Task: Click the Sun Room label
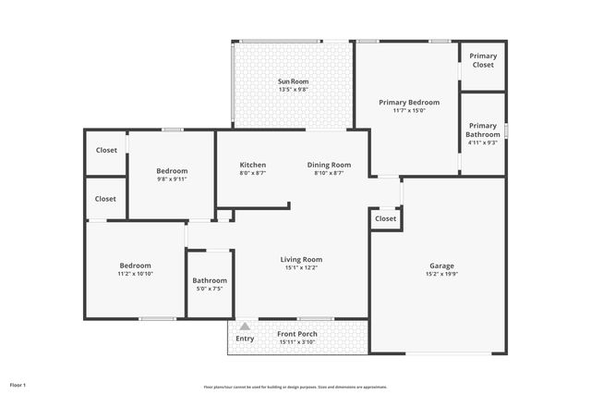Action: click(294, 82)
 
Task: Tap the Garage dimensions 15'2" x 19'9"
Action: click(441, 275)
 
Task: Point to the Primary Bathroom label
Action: click(483, 130)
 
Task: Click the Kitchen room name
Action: click(253, 165)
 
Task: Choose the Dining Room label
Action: click(329, 165)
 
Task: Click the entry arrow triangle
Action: click(245, 326)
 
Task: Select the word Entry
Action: click(245, 339)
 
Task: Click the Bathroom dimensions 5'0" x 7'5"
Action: click(210, 290)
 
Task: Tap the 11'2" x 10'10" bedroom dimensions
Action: click(135, 274)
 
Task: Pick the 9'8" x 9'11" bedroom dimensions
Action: click(172, 179)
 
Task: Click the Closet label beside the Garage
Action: click(386, 219)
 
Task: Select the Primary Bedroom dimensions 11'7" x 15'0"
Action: click(409, 110)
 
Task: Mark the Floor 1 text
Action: click(18, 384)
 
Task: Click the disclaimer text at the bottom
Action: click(295, 387)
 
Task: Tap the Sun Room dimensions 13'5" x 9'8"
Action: click(294, 91)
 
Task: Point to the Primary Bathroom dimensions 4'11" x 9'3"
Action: click(483, 142)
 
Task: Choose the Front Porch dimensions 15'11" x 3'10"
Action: click(297, 342)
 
